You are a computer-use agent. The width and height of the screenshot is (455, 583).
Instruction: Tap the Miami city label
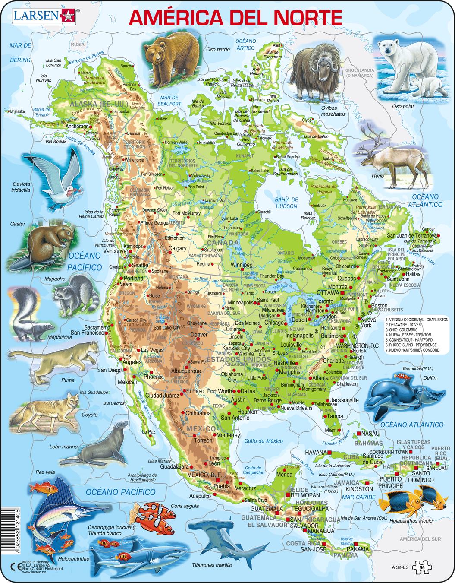[x=332, y=430]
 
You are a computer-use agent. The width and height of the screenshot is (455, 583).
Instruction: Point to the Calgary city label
[x=177, y=248]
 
